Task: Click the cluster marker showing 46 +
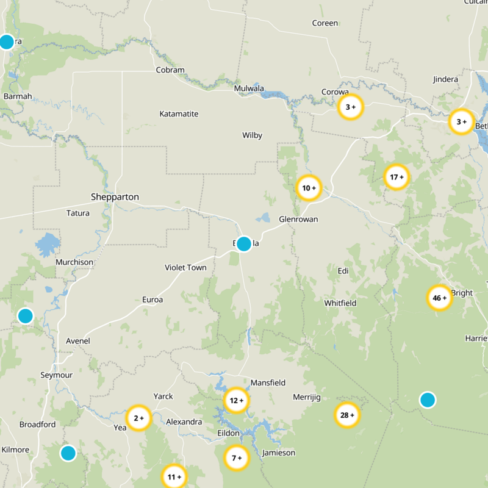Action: (x=439, y=298)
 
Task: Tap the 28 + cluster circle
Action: (x=347, y=415)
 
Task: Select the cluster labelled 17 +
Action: (x=396, y=178)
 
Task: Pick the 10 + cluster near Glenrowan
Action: (x=309, y=188)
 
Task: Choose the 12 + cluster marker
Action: (x=236, y=401)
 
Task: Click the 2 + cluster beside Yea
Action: (x=138, y=418)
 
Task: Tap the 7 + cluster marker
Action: (x=236, y=457)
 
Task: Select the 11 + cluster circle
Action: (x=174, y=476)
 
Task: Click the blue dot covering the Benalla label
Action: (x=244, y=244)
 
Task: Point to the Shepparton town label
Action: (x=115, y=197)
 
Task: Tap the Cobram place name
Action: (x=170, y=70)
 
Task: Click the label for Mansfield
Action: (x=268, y=383)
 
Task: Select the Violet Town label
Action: (x=185, y=268)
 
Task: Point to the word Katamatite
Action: (x=179, y=114)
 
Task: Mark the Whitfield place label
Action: (x=340, y=303)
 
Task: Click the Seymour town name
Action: (x=56, y=375)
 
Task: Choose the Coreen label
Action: (x=325, y=23)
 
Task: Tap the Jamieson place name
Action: (x=278, y=453)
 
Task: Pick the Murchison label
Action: (x=74, y=262)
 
